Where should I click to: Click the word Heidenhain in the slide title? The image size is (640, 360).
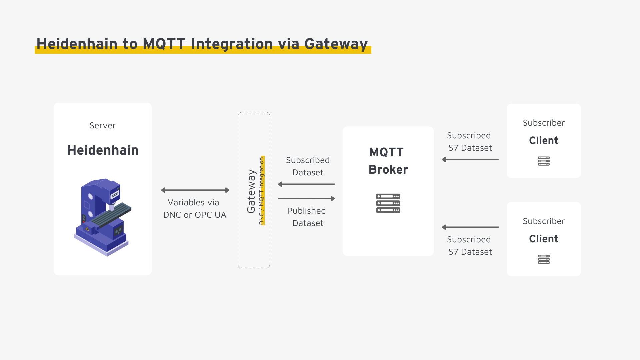tap(77, 44)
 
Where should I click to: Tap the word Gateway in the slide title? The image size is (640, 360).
tap(336, 44)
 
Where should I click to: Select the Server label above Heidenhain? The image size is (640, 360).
tap(102, 126)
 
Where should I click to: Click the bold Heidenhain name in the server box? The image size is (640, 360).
tap(103, 150)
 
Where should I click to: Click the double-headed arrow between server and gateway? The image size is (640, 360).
tap(195, 190)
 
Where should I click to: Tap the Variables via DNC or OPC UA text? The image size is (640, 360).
tap(195, 209)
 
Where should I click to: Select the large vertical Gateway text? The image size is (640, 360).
tap(251, 191)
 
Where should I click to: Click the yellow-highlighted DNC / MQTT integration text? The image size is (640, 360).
tap(262, 191)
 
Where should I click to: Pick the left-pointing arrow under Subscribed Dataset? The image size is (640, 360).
tap(306, 184)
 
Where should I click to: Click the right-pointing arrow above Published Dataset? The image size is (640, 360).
tap(306, 199)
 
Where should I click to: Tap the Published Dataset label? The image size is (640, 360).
tap(307, 217)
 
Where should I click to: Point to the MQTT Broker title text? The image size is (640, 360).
tap(388, 161)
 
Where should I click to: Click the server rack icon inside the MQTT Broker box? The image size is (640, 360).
tap(388, 203)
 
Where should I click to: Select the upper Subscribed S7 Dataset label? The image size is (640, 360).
tap(469, 142)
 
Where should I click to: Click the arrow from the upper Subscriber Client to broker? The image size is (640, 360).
tap(470, 159)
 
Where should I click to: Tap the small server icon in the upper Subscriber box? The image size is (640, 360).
tap(544, 161)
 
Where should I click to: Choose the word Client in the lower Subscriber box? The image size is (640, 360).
tap(543, 239)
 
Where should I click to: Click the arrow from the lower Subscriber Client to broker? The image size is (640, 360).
tap(470, 227)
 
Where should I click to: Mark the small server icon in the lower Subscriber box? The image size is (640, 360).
tap(544, 259)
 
